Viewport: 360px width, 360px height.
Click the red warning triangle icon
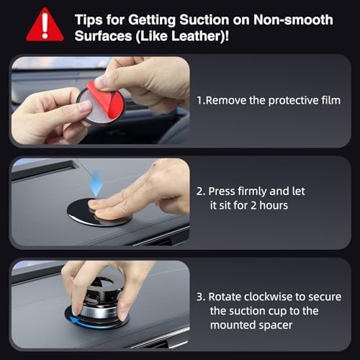pos(45,26)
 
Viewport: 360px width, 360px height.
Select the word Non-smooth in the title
pos(293,19)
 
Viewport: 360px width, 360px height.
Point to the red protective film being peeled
pos(107,99)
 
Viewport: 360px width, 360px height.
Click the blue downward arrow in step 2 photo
pos(96,184)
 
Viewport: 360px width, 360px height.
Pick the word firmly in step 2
pos(252,192)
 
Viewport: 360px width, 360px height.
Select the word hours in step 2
pos(274,206)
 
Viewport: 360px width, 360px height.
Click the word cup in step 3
pos(278,312)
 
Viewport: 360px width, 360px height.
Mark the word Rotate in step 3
pos(225,297)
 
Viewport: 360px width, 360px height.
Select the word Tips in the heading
pos(89,20)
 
